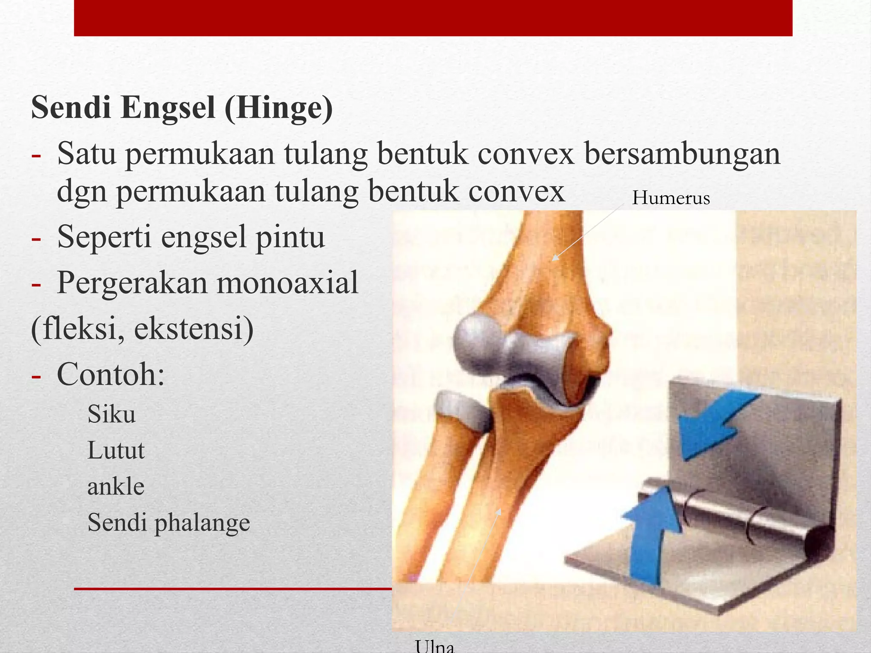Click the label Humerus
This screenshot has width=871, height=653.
pyautogui.click(x=671, y=198)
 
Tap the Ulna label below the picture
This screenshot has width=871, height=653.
pyautogui.click(x=435, y=646)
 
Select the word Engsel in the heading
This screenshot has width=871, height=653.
pyautogui.click(x=168, y=108)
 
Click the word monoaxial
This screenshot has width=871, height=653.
pyautogui.click(x=287, y=283)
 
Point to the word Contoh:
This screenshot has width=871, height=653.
pyautogui.click(x=111, y=375)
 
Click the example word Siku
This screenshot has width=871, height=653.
pyautogui.click(x=111, y=414)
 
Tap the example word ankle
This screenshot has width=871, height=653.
pyautogui.click(x=116, y=487)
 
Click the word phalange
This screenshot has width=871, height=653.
pyautogui.click(x=202, y=523)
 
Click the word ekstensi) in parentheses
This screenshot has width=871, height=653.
pyautogui.click(x=194, y=329)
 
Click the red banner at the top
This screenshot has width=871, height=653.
pyautogui.click(x=433, y=17)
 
